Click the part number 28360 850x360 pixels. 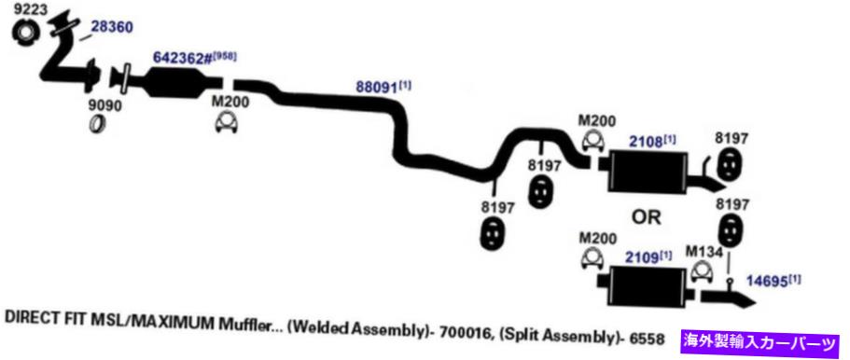click(x=111, y=26)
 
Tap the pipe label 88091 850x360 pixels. click(x=377, y=87)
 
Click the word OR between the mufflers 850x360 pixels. click(x=647, y=217)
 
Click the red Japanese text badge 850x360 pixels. click(x=761, y=340)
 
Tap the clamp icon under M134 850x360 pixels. click(x=704, y=271)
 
